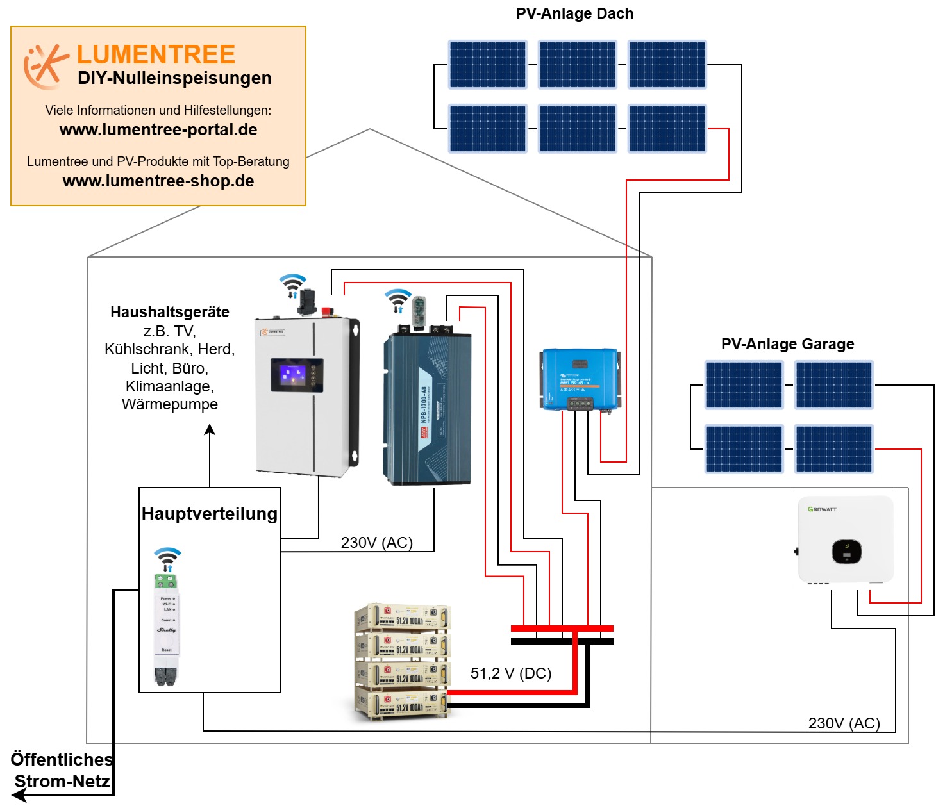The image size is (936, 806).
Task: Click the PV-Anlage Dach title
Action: [574, 13]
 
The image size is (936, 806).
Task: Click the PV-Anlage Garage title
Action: [787, 344]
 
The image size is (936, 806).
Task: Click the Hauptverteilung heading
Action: [210, 514]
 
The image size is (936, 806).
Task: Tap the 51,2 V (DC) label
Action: [511, 673]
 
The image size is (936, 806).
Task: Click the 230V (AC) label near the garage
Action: [844, 723]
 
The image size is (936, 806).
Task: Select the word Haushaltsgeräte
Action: [170, 312]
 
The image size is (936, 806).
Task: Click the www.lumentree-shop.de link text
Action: [158, 181]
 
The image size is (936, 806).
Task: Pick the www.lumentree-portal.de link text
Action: [158, 130]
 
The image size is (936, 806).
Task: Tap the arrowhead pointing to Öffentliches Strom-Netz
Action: [19, 795]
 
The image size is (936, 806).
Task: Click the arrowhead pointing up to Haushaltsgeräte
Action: [210, 430]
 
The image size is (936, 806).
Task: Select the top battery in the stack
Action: [403, 618]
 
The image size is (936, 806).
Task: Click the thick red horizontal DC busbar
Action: [562, 629]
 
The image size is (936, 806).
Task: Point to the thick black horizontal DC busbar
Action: [562, 641]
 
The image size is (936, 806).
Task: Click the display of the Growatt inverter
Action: [846, 552]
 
